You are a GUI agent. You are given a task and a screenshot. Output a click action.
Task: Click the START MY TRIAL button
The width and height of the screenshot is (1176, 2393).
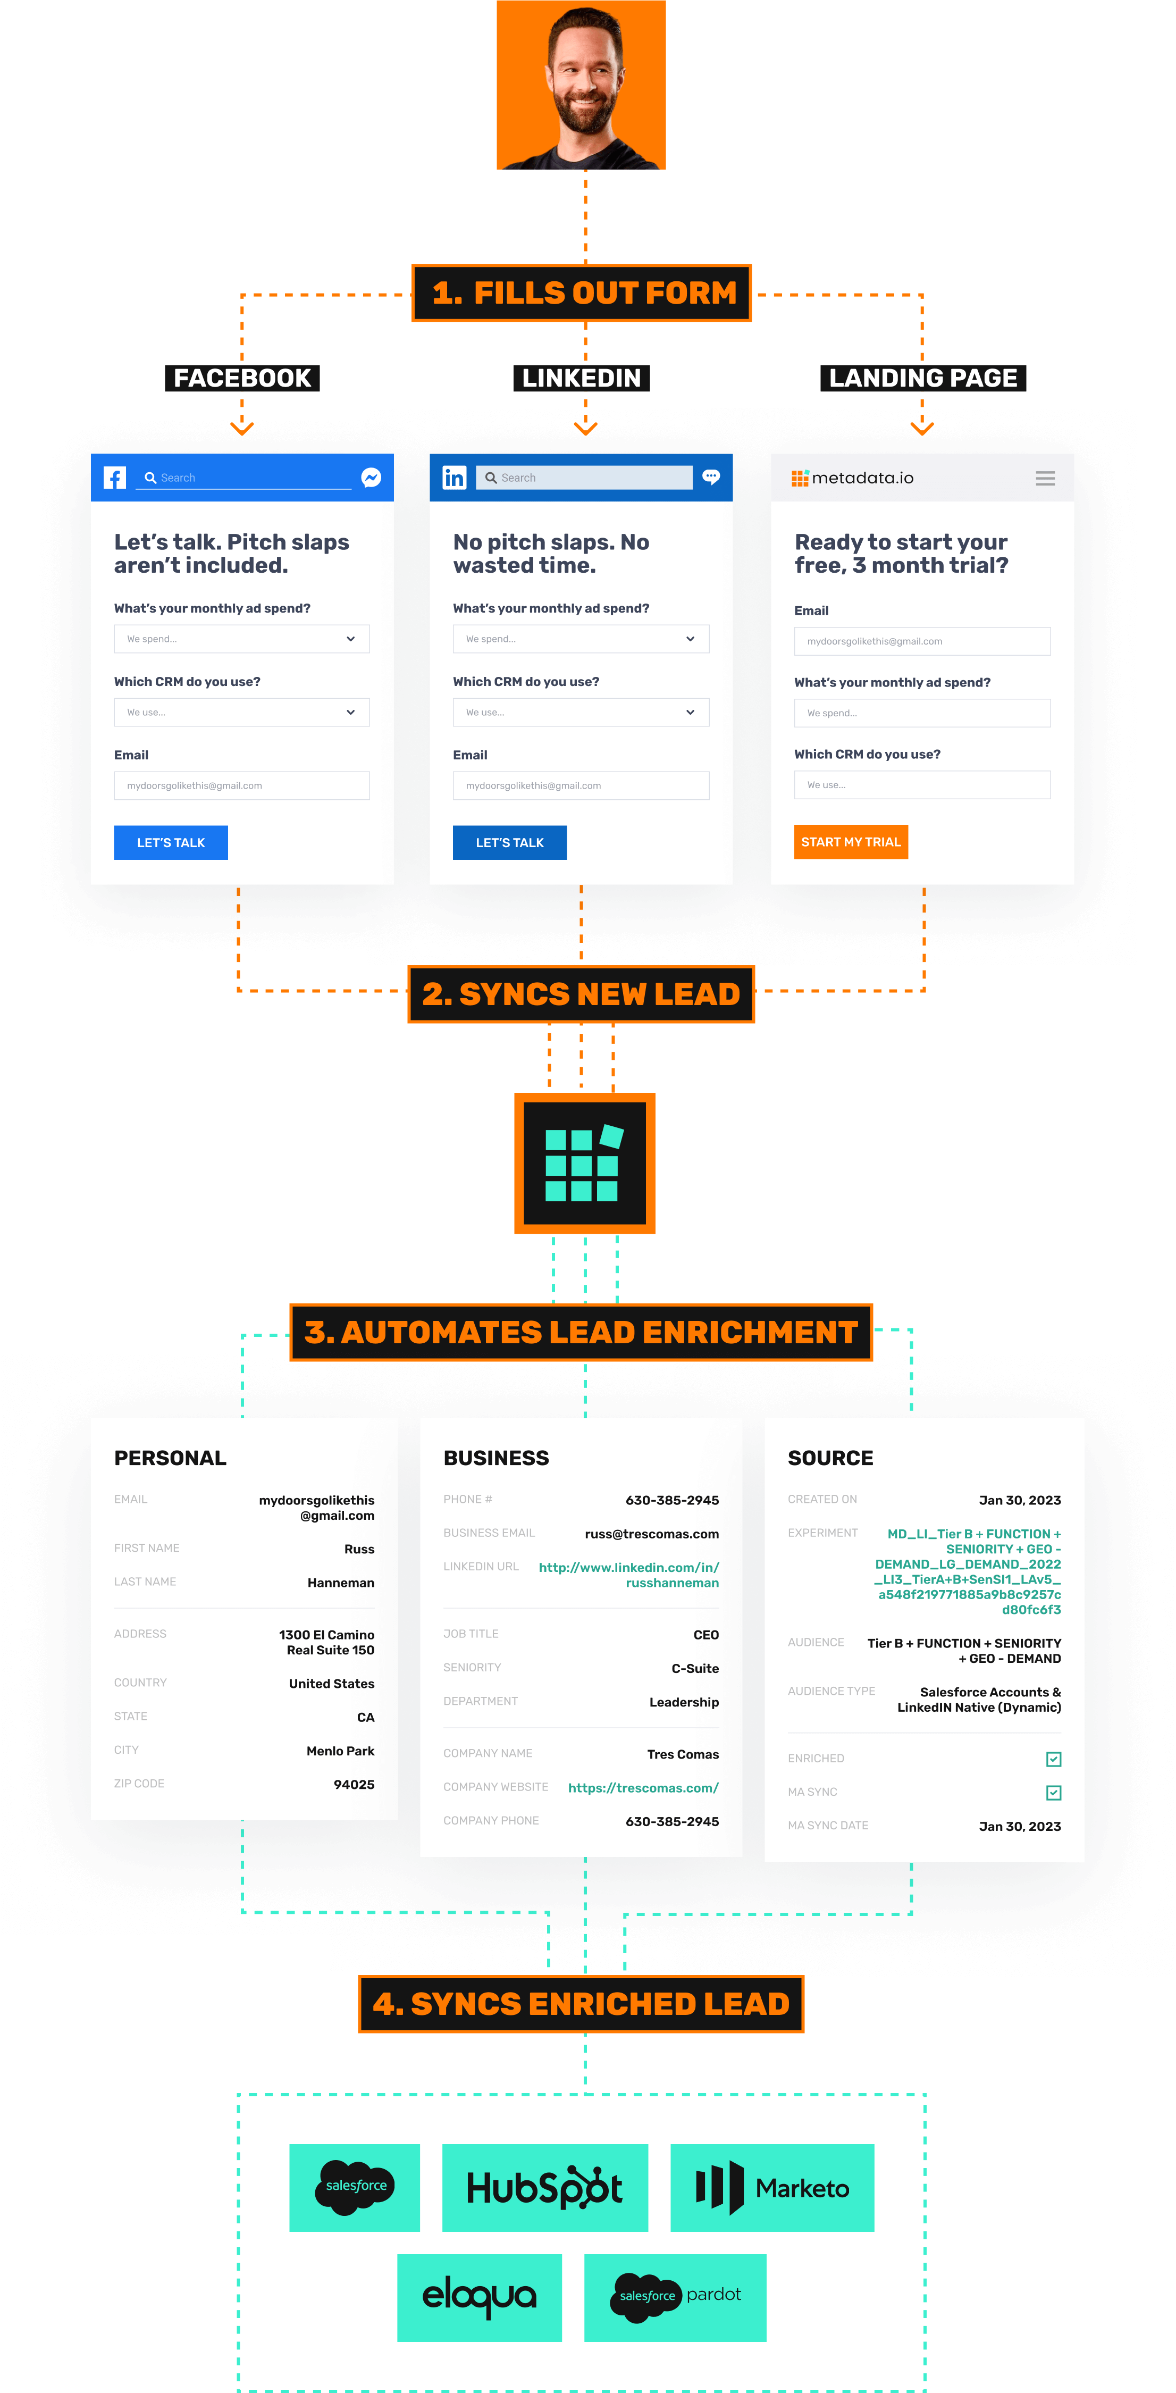850,842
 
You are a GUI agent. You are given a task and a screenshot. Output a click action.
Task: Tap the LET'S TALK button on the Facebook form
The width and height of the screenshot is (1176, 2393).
171,842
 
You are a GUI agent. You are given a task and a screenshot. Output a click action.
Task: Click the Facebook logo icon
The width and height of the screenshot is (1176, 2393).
114,478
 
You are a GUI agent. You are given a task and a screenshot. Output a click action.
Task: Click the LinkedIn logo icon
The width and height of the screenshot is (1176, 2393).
454,478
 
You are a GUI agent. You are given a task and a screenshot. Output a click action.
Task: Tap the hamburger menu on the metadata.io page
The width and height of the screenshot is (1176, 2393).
1045,479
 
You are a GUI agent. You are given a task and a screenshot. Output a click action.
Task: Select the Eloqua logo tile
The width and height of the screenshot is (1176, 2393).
480,2297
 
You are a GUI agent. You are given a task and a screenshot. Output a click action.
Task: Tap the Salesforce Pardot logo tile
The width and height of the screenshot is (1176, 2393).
675,2297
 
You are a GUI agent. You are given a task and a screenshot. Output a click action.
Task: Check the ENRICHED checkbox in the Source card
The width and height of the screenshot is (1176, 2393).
1053,1759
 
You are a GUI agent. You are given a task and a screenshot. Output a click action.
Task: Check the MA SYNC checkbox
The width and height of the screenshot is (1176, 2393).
1053,1792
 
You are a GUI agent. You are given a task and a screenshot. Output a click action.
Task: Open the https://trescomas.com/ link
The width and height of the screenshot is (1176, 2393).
643,1787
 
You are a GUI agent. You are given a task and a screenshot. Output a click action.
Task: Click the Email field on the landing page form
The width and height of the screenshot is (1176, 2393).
922,641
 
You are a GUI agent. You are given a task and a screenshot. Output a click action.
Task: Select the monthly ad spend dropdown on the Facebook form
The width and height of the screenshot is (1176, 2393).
241,639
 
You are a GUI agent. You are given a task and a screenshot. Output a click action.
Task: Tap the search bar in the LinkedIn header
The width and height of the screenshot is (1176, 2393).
584,478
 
